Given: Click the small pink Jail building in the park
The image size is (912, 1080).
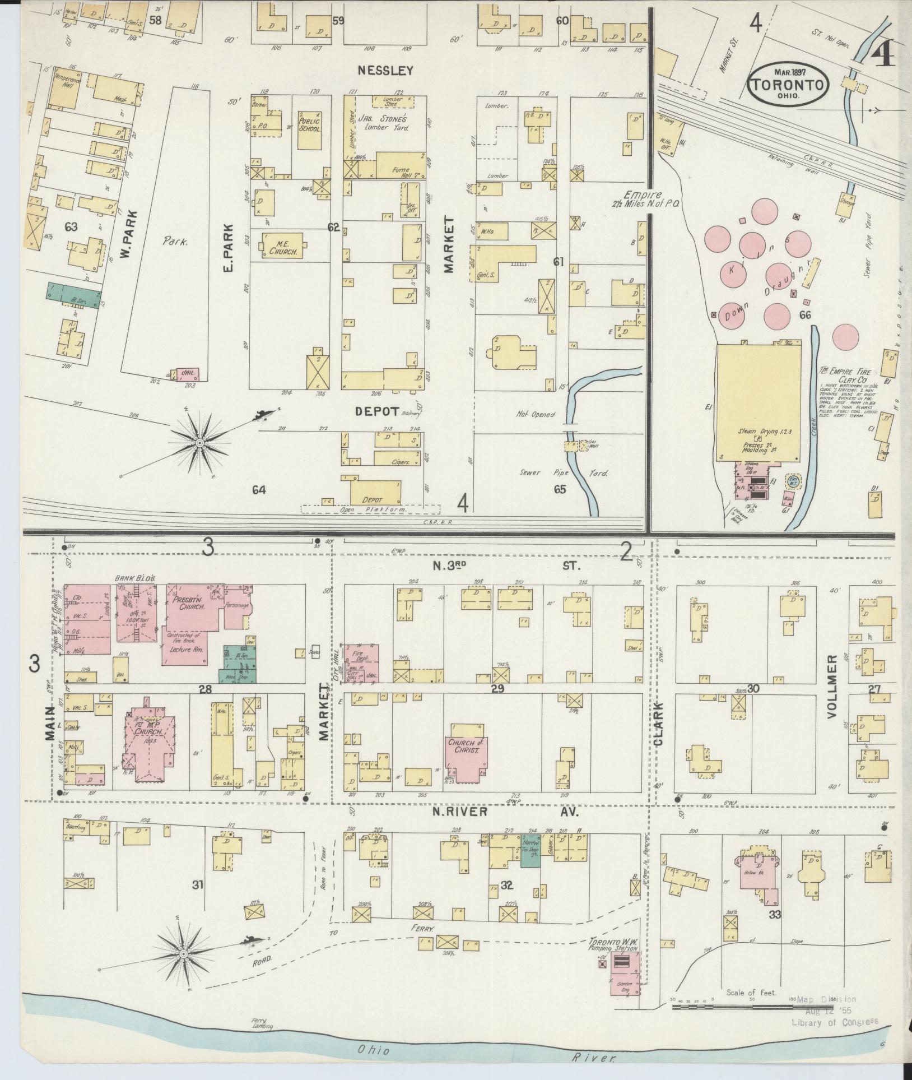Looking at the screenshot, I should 187,374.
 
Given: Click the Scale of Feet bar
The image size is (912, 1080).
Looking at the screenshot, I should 751,1007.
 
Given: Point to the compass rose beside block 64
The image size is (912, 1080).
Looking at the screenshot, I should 199,443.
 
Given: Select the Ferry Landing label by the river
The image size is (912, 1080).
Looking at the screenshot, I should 262,1023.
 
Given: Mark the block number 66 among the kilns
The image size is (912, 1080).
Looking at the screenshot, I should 805,316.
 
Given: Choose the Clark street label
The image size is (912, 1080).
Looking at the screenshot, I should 658,729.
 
